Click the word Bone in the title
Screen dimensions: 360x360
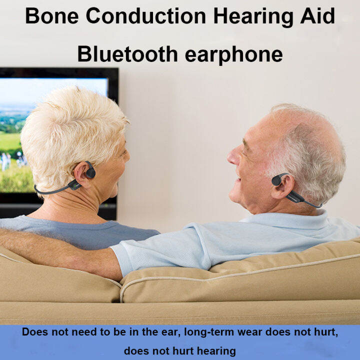[51, 16]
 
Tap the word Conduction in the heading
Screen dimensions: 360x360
[145, 16]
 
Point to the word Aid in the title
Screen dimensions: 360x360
[318, 16]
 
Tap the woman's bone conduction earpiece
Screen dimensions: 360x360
[90, 171]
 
